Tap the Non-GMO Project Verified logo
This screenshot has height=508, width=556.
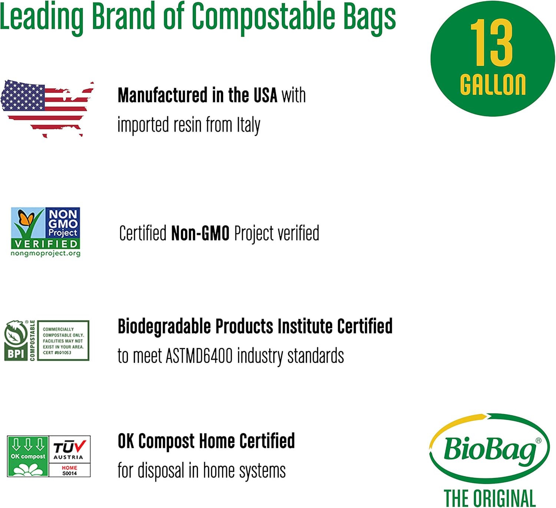point(46,232)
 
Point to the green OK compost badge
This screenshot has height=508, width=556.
point(28,456)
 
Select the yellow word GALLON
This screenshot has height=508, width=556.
point(493,85)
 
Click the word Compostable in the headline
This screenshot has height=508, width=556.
point(263,17)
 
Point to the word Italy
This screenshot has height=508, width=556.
point(248,125)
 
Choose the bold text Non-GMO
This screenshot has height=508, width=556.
point(200,234)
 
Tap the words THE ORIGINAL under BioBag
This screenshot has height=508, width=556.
point(490,498)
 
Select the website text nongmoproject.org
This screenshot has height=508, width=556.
point(46,253)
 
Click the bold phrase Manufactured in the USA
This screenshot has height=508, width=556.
point(197,95)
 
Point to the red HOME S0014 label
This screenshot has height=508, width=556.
point(70,470)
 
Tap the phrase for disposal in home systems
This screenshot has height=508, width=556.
point(202,471)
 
